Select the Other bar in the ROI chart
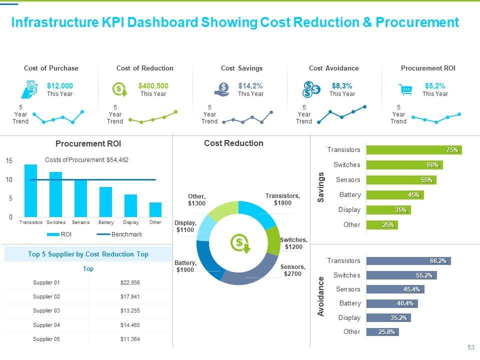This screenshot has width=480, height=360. [x=155, y=209]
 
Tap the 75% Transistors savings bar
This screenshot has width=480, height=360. [x=413, y=150]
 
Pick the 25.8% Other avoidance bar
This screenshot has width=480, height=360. [x=382, y=331]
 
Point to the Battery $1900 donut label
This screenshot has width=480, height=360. [x=185, y=266]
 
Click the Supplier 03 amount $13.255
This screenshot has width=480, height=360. [x=130, y=310]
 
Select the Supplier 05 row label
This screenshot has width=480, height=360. [x=46, y=339]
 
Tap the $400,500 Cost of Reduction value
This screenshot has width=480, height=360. [x=153, y=86]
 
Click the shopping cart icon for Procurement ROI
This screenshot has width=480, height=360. [x=406, y=90]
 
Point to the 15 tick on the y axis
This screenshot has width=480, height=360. [x=9, y=160]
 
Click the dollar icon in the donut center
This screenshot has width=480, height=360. [x=239, y=243]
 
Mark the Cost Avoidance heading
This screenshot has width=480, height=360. [x=333, y=68]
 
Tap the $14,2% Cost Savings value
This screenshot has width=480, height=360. [x=250, y=86]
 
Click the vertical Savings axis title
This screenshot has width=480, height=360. [x=321, y=187]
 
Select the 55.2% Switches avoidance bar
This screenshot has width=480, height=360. [x=401, y=275]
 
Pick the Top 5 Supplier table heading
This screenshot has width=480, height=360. [x=88, y=254]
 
